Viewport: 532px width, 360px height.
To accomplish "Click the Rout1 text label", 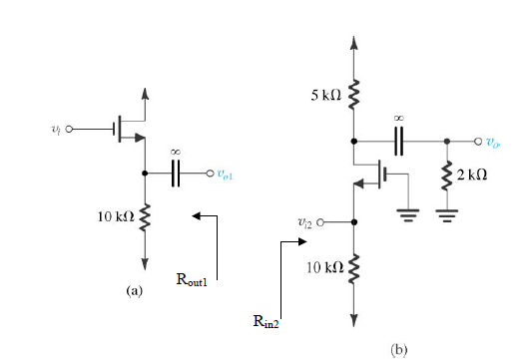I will (x=191, y=281).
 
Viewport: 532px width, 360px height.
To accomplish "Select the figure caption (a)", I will (x=135, y=290).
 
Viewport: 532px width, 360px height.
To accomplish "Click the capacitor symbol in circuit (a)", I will (x=177, y=174).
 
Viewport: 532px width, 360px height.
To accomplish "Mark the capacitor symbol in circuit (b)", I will (x=398, y=141).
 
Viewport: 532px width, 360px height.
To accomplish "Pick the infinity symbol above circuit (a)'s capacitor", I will (x=177, y=153).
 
